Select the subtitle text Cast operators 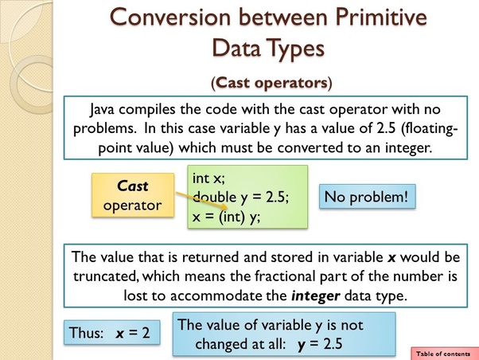271,81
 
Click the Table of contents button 443,353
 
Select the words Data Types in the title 268,47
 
